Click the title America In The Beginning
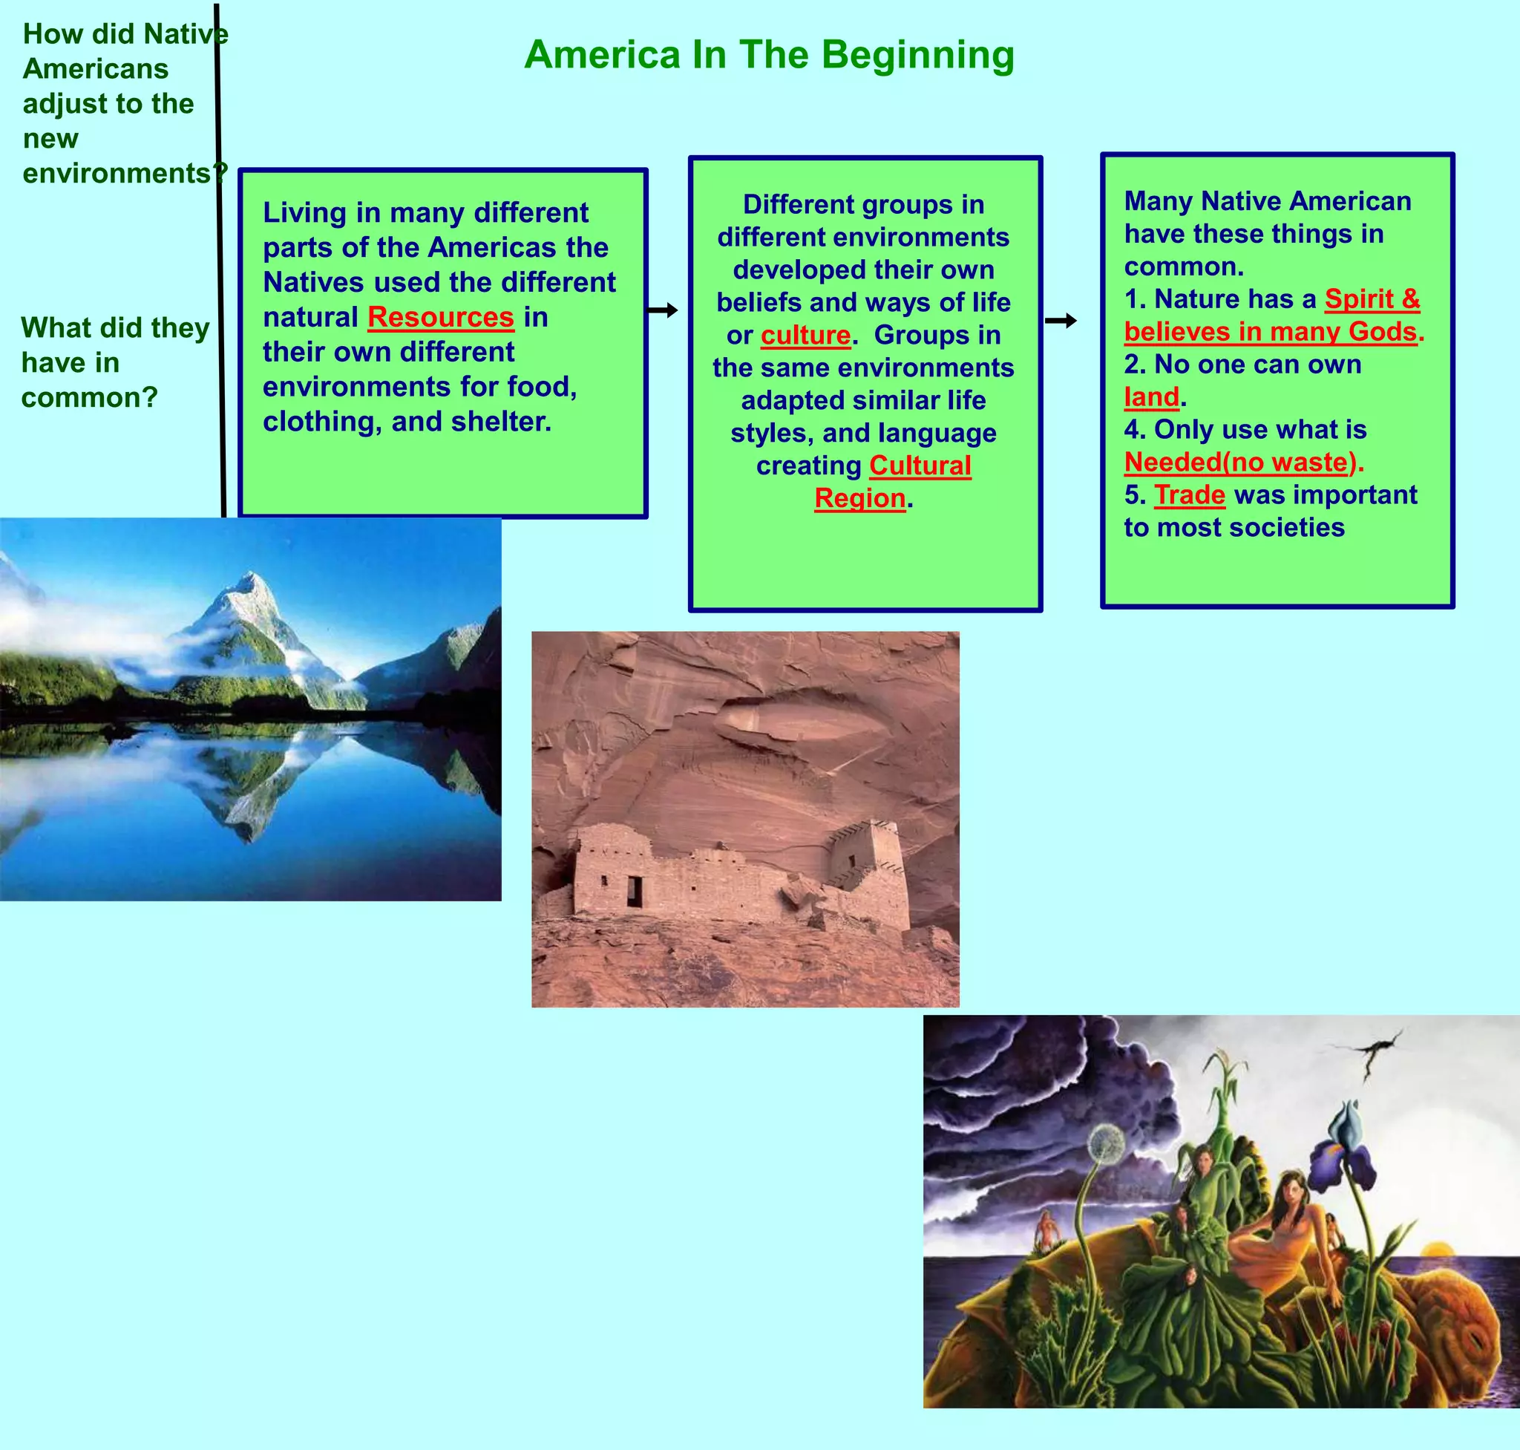pyautogui.click(x=769, y=55)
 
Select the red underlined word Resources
pyautogui.click(x=440, y=317)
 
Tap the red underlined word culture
pyautogui.click(x=805, y=336)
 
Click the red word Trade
pyautogui.click(x=1189, y=494)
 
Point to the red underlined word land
pyautogui.click(x=1151, y=397)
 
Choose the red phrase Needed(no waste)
pyautogui.click(x=1240, y=463)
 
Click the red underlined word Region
pyautogui.click(x=859, y=498)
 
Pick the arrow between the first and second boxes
pyautogui.click(x=662, y=310)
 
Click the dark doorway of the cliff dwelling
pyautogui.click(x=634, y=891)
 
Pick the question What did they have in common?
pyautogui.click(x=114, y=362)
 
